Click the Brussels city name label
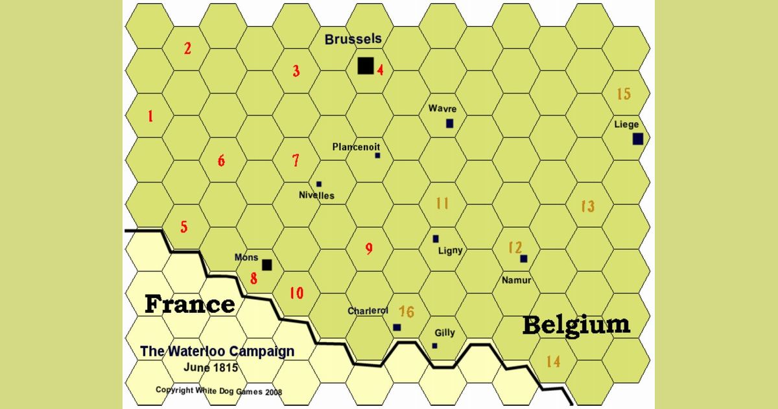tap(353, 40)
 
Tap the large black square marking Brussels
tap(366, 66)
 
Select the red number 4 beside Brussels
tap(381, 69)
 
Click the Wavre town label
tap(442, 108)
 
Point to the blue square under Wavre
tap(449, 123)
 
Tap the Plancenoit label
tap(356, 147)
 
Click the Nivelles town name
tap(316, 195)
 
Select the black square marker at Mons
tap(266, 264)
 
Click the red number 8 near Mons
tap(253, 279)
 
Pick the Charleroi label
tap(368, 311)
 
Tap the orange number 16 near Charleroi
tap(407, 312)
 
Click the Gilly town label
tap(445, 333)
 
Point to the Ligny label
tap(451, 251)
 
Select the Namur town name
tap(517, 280)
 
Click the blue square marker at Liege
tap(638, 139)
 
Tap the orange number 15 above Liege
tap(623, 94)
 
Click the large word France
tap(189, 304)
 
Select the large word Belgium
tap(576, 325)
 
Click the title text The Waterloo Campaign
tap(217, 351)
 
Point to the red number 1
tap(150, 117)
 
